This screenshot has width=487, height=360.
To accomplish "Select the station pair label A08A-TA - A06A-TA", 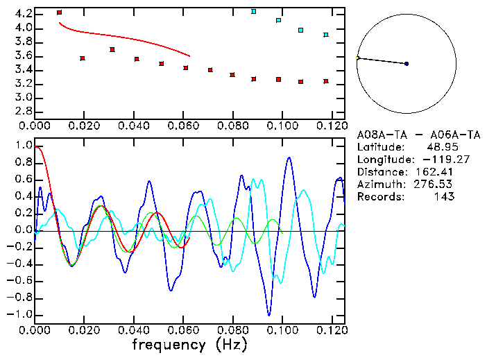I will [x=406, y=135].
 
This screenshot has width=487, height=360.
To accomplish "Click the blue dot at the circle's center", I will [x=407, y=64].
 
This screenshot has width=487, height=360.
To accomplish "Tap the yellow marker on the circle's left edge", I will [x=358, y=58].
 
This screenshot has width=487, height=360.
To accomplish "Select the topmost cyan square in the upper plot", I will [x=254, y=12].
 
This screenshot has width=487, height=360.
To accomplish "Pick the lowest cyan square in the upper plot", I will [x=326, y=35].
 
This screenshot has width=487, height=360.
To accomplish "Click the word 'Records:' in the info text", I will [x=379, y=197].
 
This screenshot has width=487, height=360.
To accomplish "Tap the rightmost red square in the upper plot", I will [x=326, y=81].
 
